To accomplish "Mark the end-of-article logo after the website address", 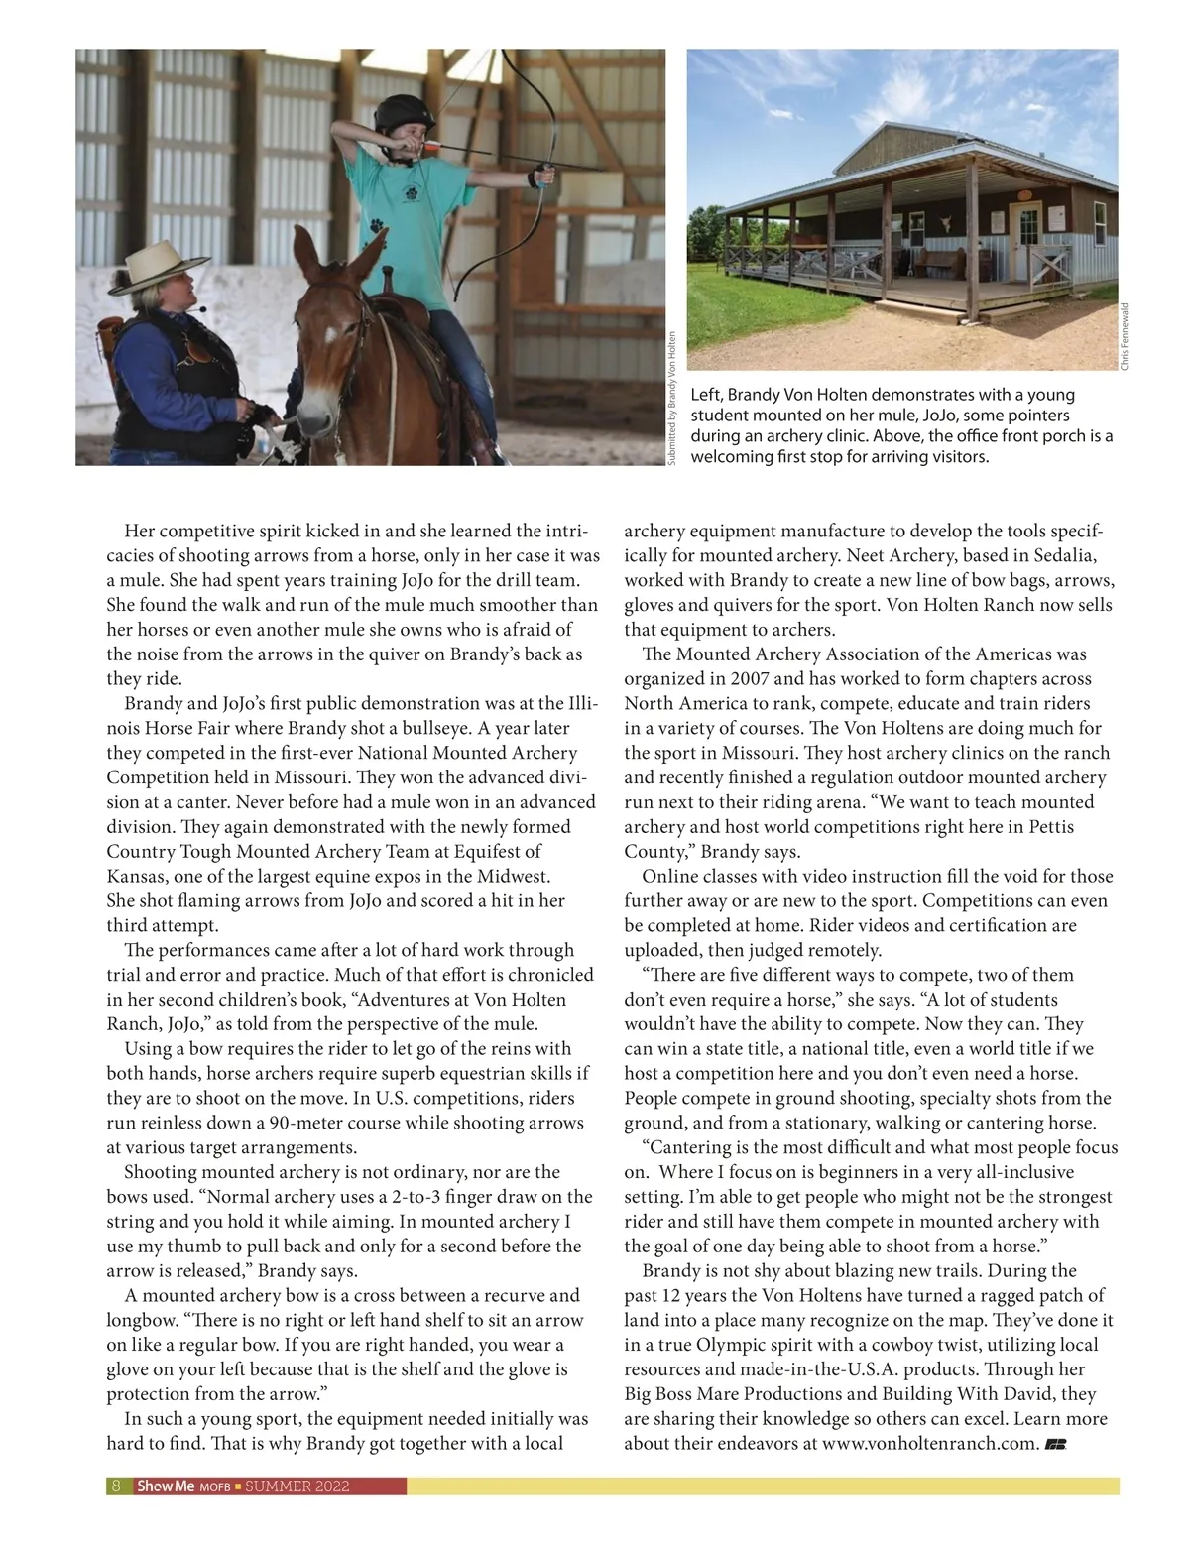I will coord(1055,1444).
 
